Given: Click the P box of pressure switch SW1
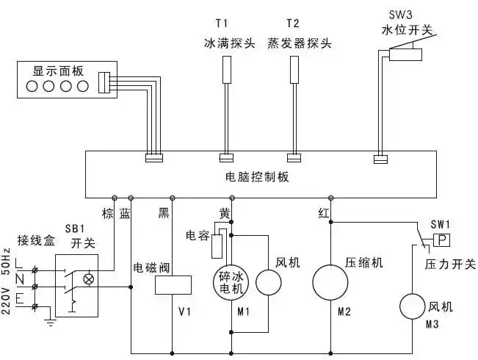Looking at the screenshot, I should [x=441, y=241].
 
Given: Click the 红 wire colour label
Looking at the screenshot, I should [x=323, y=213].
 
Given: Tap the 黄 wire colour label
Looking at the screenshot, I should [x=225, y=213].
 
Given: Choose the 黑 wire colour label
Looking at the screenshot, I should [x=164, y=213].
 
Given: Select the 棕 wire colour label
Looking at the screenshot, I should [x=108, y=213].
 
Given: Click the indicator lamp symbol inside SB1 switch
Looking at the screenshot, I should [x=90, y=279].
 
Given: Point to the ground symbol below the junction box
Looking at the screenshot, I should [x=49, y=322].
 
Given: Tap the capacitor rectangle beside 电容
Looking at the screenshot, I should [x=217, y=248].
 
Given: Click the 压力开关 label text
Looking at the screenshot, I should [x=450, y=264].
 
